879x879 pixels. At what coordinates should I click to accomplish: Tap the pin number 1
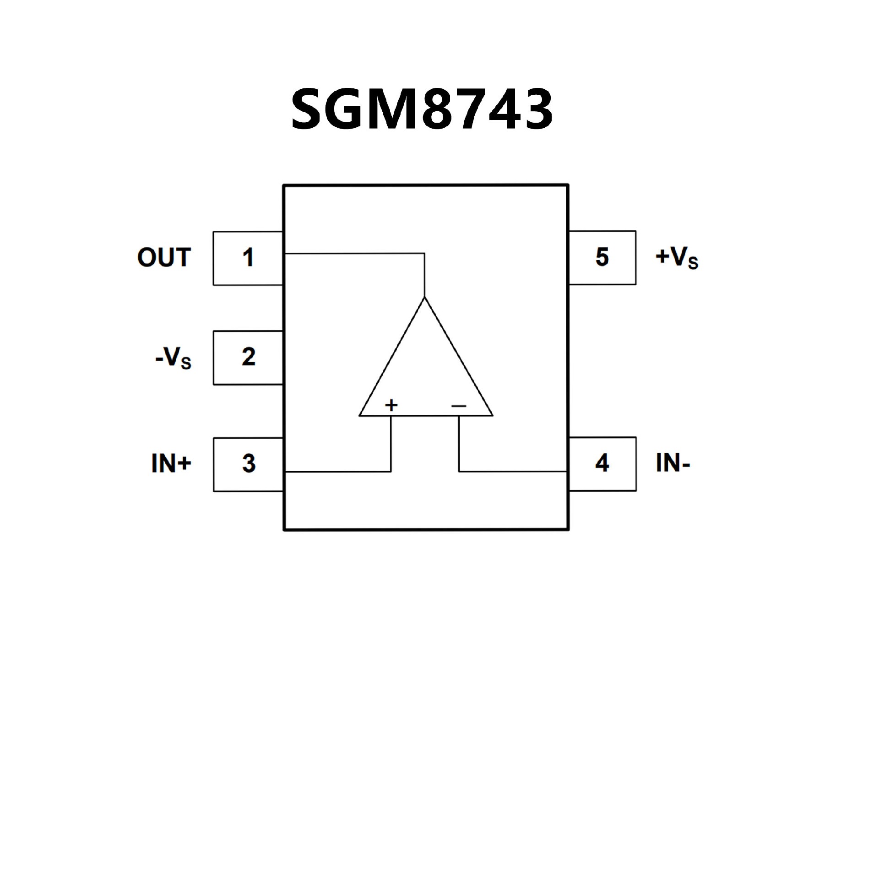point(248,258)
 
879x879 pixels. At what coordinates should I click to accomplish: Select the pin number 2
point(248,357)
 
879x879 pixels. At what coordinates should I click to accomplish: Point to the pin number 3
point(249,464)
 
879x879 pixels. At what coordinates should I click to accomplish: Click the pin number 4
point(602,463)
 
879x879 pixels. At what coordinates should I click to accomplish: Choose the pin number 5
point(602,257)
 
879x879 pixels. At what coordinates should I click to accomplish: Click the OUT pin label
point(164,258)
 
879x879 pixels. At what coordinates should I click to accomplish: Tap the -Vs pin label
point(174,358)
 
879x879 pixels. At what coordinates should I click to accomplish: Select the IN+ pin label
point(171,464)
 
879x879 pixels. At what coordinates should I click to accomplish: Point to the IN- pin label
point(673,463)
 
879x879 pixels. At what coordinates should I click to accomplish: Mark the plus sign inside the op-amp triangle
point(391,405)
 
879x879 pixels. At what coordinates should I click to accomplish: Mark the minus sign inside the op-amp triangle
point(459,406)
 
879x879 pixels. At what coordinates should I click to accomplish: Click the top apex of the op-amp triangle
point(425,298)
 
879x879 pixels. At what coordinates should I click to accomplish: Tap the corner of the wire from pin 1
point(425,253)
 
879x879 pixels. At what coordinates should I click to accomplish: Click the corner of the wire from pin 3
point(391,472)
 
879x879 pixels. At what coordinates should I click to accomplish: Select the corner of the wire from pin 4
point(459,471)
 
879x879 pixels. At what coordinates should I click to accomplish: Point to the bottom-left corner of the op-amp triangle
point(359,416)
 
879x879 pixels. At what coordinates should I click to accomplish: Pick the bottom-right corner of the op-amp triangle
point(493,416)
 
